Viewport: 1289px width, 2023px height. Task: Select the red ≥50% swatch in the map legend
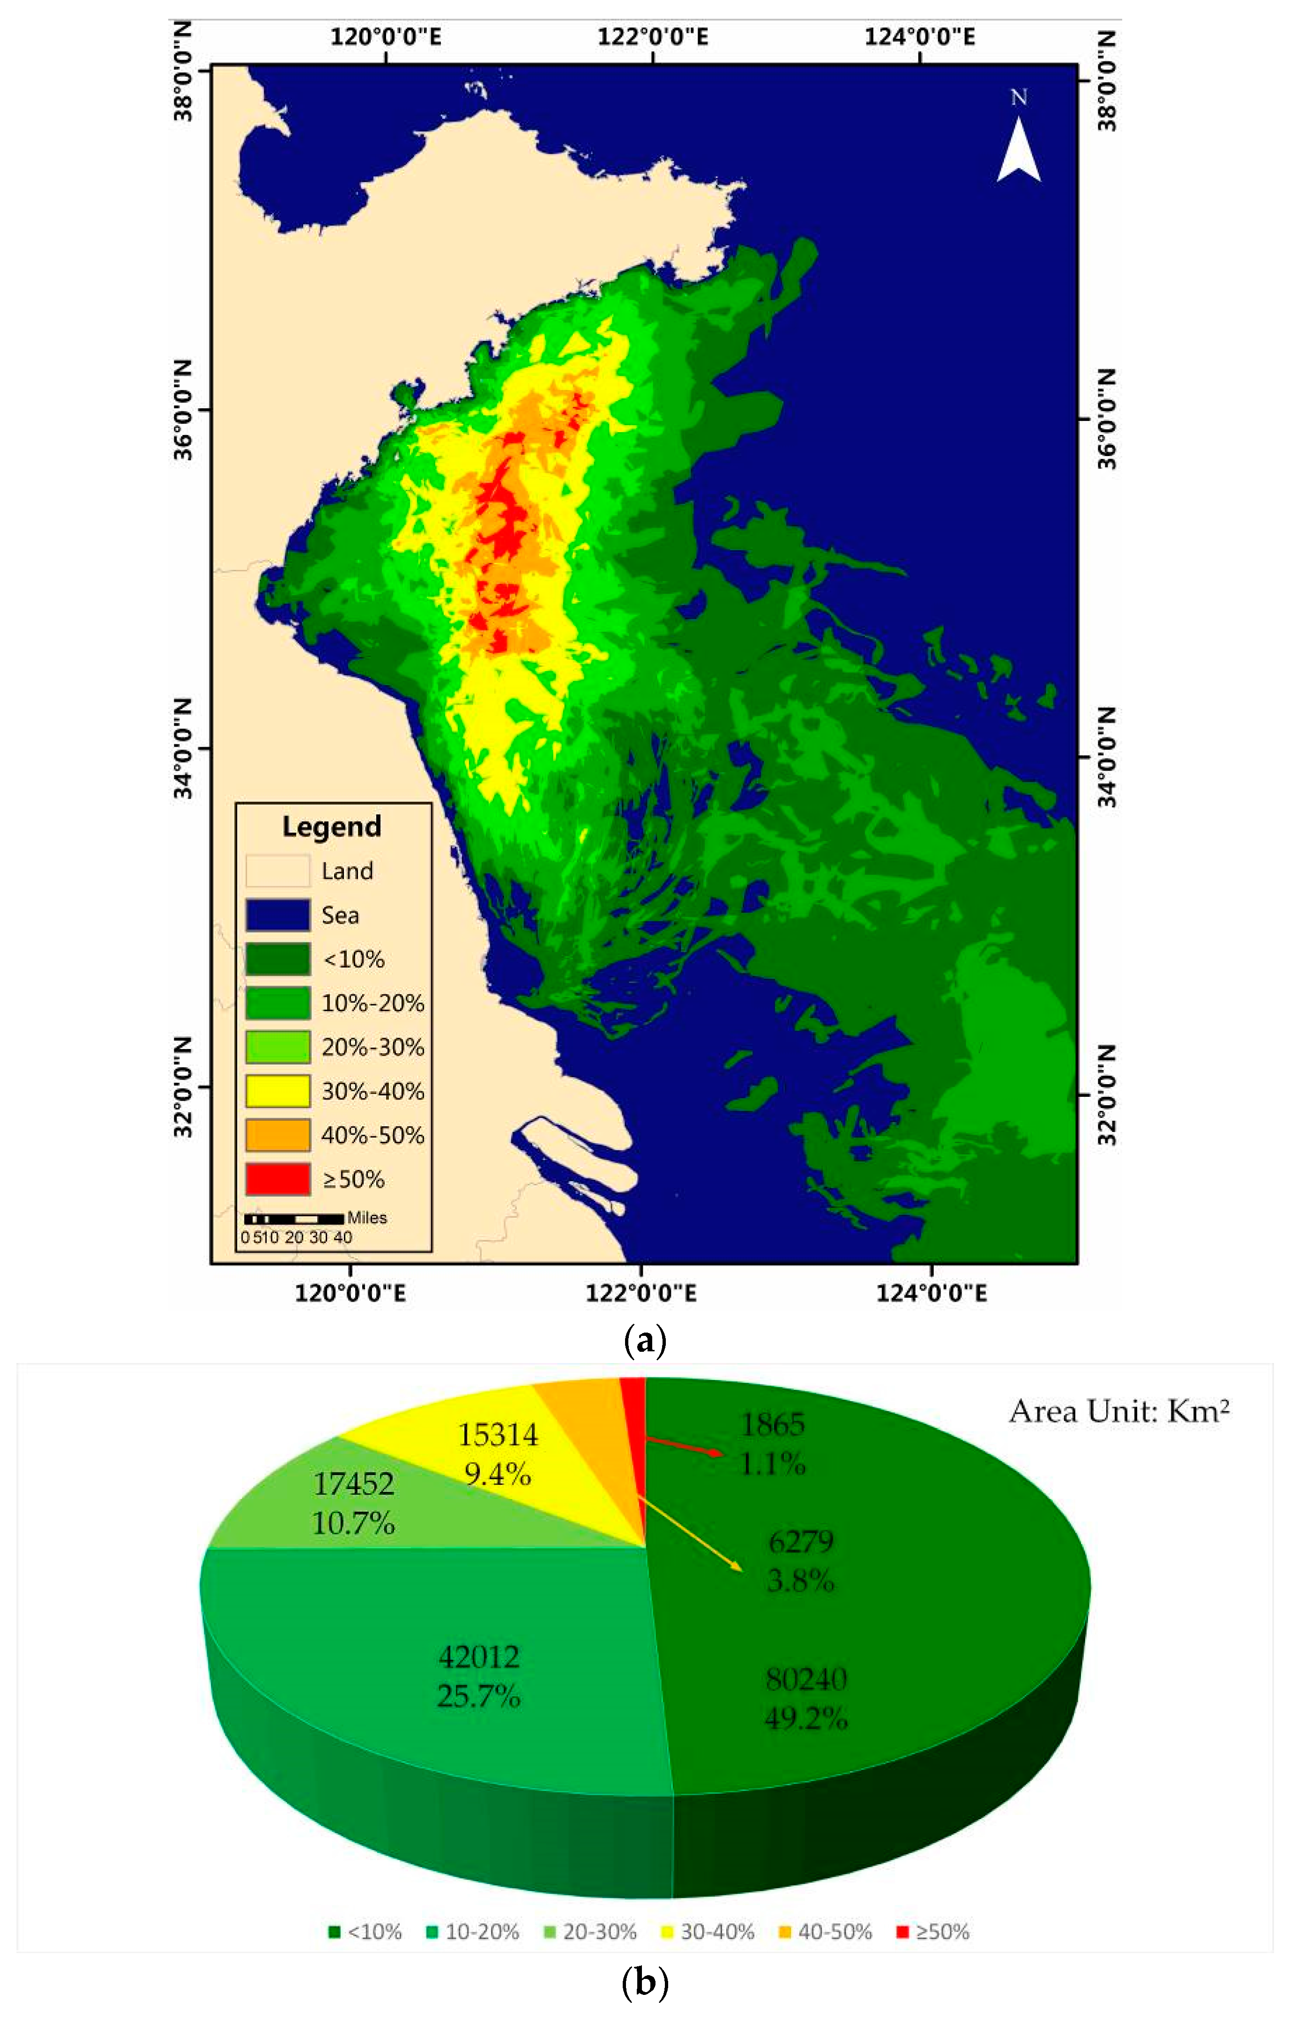click(x=277, y=1179)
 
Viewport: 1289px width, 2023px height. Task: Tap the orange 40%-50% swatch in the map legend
click(x=277, y=1135)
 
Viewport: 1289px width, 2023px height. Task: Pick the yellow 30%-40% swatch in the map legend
click(x=277, y=1090)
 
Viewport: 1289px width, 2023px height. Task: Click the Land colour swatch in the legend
click(x=277, y=870)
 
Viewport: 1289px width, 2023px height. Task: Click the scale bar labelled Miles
click(x=294, y=1218)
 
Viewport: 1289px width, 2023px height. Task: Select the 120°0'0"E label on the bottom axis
click(x=350, y=1293)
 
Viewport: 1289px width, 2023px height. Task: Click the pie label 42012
click(x=479, y=1657)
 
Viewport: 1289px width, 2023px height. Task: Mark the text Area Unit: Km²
click(x=1118, y=1411)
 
